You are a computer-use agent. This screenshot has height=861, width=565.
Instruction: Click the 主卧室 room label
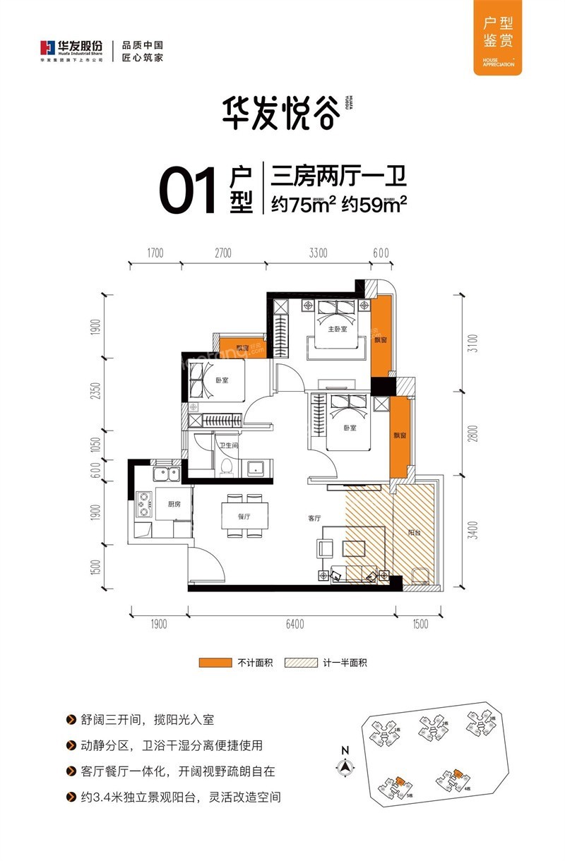(336, 330)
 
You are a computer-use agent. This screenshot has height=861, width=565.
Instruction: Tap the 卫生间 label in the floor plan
(227, 445)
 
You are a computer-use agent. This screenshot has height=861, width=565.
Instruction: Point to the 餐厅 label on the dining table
(245, 517)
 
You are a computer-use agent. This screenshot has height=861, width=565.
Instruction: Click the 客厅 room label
(314, 518)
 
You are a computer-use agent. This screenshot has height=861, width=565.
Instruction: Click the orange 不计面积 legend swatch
(215, 663)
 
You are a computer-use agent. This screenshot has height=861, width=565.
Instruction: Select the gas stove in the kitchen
(144, 503)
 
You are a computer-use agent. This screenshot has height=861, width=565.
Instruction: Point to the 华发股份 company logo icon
(47, 48)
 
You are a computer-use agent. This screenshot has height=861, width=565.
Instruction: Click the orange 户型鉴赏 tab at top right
(493, 35)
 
